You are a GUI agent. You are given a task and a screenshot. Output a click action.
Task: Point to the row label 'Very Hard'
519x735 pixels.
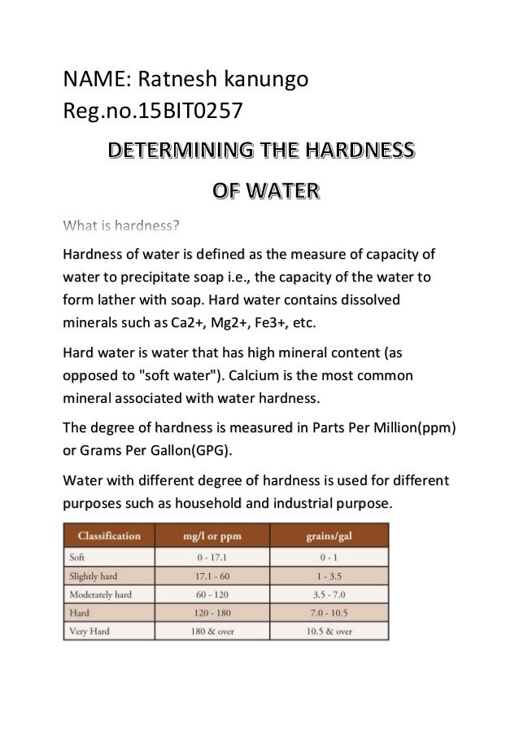91,630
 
